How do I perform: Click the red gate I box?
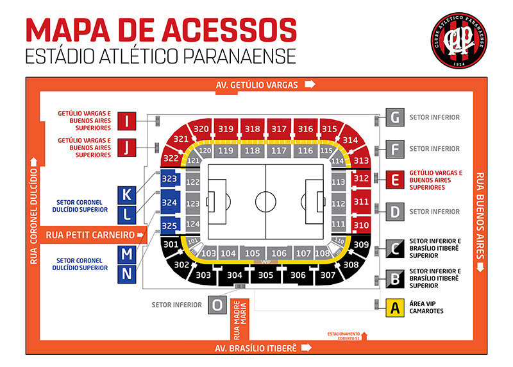[x=128, y=121]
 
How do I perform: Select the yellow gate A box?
[x=395, y=307]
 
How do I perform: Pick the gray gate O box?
[x=219, y=305]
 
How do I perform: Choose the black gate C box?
[x=395, y=247]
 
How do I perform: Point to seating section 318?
[x=253, y=129]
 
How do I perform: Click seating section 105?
[x=253, y=253]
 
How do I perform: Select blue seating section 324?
[x=169, y=203]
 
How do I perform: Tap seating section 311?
[x=361, y=202]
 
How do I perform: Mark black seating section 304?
[x=235, y=275]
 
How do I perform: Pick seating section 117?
[x=278, y=151]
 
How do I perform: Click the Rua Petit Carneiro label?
[x=90, y=235]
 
